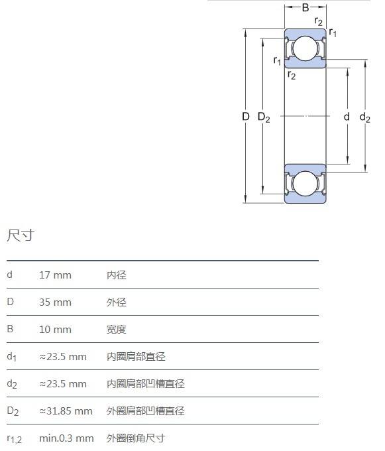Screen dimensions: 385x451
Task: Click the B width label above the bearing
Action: coord(305,7)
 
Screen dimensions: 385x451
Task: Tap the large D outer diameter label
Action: coord(245,117)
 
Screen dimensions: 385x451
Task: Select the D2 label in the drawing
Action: coord(264,117)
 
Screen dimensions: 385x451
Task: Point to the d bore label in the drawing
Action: coord(347,117)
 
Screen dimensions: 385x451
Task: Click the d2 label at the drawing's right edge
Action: coord(365,117)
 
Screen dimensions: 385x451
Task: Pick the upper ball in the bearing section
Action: coord(305,48)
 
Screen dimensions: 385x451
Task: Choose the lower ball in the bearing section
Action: coord(305,184)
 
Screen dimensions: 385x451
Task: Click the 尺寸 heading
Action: coord(21,235)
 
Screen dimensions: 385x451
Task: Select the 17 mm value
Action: coord(55,275)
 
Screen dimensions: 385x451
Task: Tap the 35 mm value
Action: coord(55,302)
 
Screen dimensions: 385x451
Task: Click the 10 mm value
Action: coord(55,330)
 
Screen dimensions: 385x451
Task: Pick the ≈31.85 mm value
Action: coord(66,411)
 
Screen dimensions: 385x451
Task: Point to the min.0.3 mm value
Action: coord(66,438)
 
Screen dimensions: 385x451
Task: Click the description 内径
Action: coord(117,275)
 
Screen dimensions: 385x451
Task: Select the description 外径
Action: coord(117,302)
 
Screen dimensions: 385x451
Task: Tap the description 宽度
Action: coord(117,330)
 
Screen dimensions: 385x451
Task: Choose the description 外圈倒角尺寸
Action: coord(136,438)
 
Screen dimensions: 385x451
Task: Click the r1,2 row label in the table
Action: coord(14,439)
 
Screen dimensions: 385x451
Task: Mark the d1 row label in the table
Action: coord(11,357)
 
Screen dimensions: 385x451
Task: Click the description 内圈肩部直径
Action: coord(136,357)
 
